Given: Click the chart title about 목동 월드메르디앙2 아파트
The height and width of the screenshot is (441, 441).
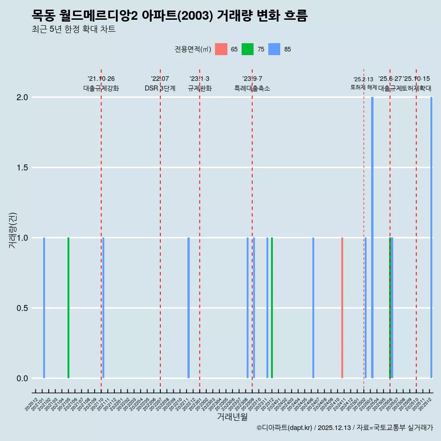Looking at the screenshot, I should click(170, 16).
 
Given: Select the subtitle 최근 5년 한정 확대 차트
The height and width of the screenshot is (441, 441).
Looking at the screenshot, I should click(73, 30).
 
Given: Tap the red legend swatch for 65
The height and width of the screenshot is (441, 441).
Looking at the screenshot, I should click(221, 49).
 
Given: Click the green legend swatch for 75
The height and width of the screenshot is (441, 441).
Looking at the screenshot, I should click(248, 49).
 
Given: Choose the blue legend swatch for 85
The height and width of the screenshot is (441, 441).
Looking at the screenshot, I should click(274, 49).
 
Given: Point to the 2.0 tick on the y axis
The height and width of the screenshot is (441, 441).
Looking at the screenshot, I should click(23, 97).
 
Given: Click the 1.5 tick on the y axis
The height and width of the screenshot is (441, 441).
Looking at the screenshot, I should click(23, 168).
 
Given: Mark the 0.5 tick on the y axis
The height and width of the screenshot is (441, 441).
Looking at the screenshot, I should click(23, 308).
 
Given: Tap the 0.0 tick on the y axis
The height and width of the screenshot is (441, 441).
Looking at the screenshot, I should click(23, 379).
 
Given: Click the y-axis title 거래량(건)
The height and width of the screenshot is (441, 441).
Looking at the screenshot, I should click(13, 230).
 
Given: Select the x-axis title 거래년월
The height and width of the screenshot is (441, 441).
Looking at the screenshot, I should click(232, 417).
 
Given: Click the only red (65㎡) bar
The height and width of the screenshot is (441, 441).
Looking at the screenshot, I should click(342, 308).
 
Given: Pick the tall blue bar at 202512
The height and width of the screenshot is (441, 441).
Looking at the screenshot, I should click(431, 237).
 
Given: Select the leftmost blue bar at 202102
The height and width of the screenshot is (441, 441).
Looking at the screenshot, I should click(44, 308).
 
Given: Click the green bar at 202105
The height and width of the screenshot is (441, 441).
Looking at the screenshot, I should click(68, 308).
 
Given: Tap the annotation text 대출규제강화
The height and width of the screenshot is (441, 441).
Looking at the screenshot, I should click(101, 88).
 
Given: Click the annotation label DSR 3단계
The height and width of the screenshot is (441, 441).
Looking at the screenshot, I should click(160, 88).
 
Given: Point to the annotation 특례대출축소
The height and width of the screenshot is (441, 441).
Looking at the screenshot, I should click(252, 88).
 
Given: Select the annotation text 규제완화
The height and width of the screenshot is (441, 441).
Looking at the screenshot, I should click(199, 88).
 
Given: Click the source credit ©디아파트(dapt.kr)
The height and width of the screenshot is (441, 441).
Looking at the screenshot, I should click(285, 428).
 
